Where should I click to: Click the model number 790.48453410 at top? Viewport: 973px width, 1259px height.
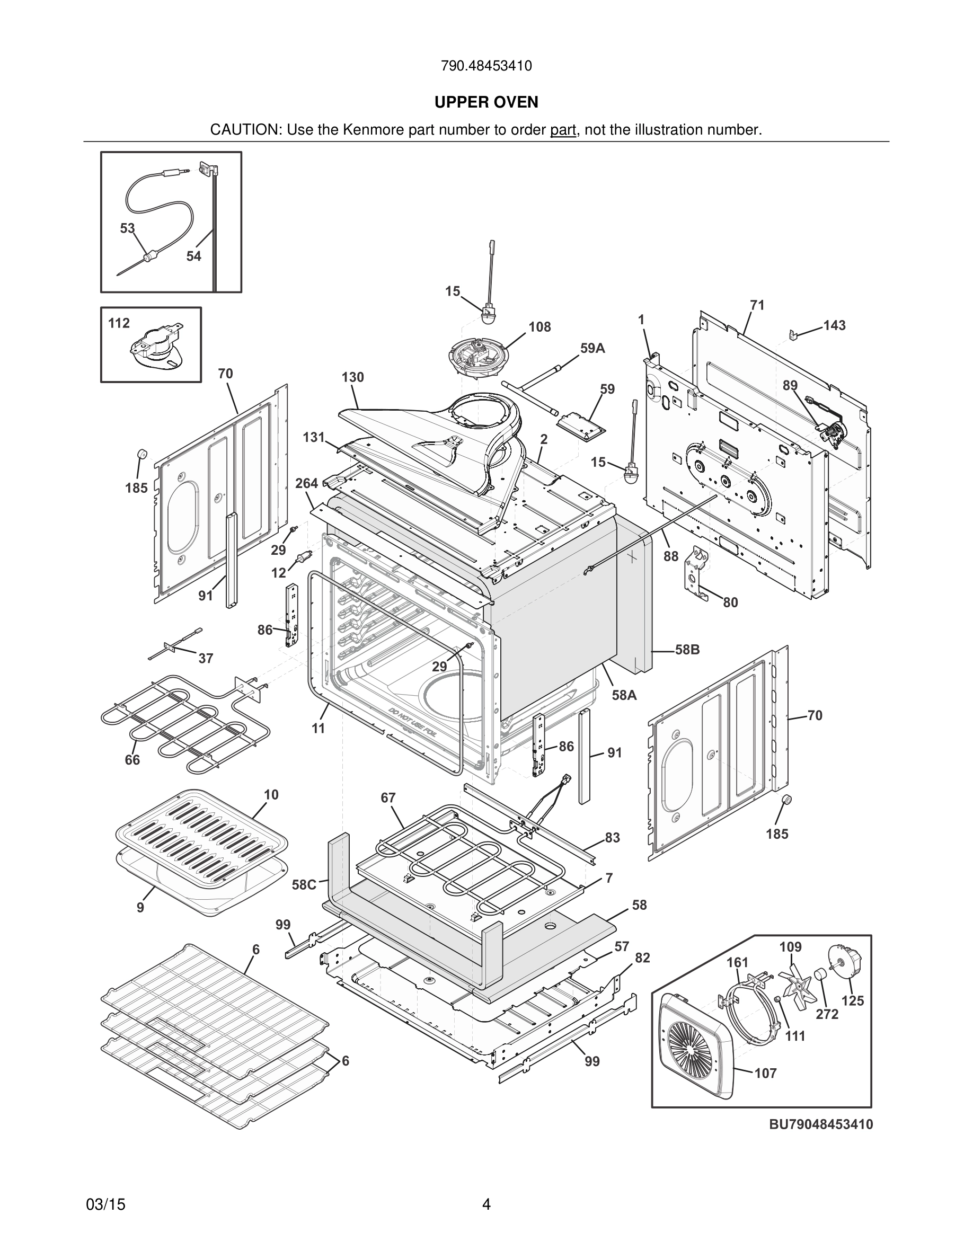coord(486,66)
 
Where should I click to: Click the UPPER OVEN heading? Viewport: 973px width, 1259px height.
coord(486,102)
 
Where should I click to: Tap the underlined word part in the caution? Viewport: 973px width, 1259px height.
coord(563,130)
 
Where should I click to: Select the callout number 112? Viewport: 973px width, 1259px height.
coord(119,323)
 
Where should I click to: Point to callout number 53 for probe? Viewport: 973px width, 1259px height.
coord(127,228)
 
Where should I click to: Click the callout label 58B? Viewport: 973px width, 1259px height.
coord(687,650)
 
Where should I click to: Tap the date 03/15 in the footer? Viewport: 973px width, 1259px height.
coord(105,1204)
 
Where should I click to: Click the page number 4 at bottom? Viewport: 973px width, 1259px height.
coord(486,1204)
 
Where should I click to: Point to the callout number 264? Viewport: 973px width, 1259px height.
coord(307,483)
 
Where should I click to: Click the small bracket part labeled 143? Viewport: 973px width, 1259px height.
coord(794,334)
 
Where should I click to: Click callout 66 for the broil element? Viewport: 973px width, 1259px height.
coord(132,760)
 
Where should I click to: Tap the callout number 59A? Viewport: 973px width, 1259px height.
coord(592,348)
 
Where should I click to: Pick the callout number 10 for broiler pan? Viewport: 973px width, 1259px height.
coord(271,794)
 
